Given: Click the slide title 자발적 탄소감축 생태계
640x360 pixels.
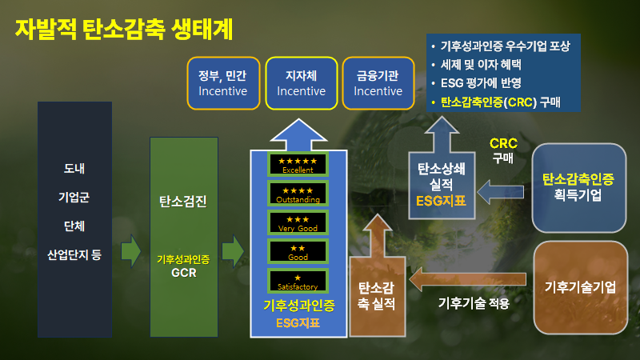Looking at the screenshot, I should (124, 30).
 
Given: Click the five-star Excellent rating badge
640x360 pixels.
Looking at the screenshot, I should (298, 165).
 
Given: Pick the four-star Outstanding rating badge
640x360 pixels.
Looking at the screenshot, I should (298, 194).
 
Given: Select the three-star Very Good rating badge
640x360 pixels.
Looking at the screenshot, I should (298, 223).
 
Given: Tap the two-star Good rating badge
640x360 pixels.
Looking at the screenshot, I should (298, 253).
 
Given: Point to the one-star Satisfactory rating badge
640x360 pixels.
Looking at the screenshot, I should (298, 282).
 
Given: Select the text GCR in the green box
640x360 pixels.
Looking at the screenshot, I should (183, 271).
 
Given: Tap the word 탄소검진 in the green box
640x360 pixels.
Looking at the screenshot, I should (183, 202).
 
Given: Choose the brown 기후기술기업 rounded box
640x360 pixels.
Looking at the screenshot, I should (580, 287).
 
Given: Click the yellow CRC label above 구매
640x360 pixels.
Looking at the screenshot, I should (503, 143).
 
